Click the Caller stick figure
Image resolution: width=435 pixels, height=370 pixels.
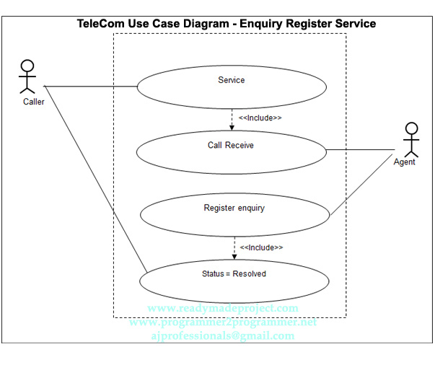(x=27, y=76)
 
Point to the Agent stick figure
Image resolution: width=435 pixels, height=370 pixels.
(x=410, y=139)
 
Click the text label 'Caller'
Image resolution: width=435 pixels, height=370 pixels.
(x=33, y=102)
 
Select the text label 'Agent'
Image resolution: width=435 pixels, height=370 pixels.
(x=405, y=162)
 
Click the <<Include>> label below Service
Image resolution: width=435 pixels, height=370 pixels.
(x=260, y=118)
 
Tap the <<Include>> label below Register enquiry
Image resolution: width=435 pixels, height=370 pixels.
(x=261, y=247)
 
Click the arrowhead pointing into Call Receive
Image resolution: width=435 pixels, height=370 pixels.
(x=232, y=128)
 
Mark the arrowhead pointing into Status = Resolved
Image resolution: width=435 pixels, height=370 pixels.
(x=234, y=256)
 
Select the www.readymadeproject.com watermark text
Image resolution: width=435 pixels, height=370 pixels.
(x=222, y=309)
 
